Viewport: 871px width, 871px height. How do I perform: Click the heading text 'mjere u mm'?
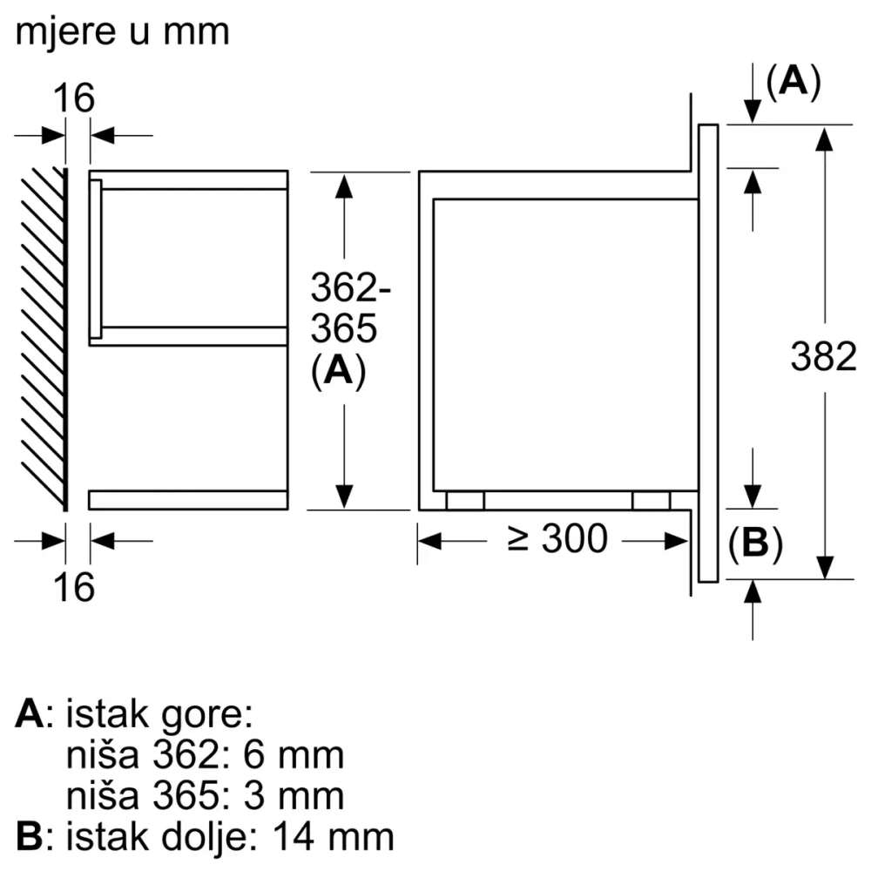pyautogui.click(x=122, y=32)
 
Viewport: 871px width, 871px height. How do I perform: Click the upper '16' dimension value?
pyautogui.click(x=76, y=98)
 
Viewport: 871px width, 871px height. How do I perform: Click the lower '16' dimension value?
pyautogui.click(x=76, y=588)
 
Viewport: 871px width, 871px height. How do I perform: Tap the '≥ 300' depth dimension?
pyautogui.click(x=557, y=540)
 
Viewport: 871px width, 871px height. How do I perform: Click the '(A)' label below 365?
pyautogui.click(x=337, y=372)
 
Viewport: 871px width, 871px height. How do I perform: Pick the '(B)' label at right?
pyautogui.click(x=754, y=544)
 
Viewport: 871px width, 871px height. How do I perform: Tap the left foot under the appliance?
pyautogui.click(x=465, y=500)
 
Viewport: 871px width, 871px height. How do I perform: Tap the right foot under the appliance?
pyautogui.click(x=652, y=500)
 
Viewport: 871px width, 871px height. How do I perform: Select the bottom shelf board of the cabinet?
pyautogui.click(x=187, y=499)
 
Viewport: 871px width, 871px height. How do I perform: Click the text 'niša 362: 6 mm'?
pyautogui.click(x=205, y=755)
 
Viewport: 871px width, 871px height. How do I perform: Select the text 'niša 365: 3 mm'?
pyautogui.click(x=205, y=795)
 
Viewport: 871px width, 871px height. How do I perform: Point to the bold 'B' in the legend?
pyautogui.click(x=29, y=836)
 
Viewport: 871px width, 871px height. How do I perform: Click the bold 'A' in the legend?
pyautogui.click(x=29, y=715)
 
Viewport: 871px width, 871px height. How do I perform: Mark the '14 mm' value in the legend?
pyautogui.click(x=333, y=836)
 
